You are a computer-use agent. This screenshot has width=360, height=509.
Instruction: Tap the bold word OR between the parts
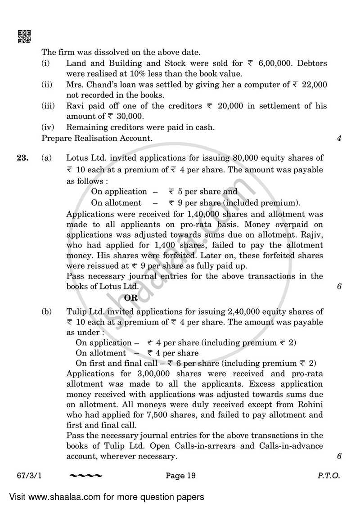[131, 297]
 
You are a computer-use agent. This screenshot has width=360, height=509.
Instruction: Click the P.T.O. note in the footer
[328, 475]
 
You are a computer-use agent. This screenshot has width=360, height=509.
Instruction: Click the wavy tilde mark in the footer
[86, 476]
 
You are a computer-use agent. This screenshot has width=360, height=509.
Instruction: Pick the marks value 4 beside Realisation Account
[339, 139]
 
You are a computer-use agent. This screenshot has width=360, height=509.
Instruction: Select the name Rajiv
[312, 235]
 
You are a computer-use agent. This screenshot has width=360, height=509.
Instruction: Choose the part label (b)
[47, 311]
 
